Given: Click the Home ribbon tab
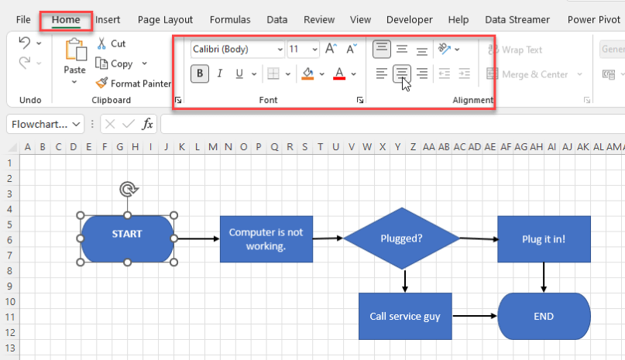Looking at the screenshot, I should click(66, 19).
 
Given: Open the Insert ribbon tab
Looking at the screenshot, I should click(108, 19).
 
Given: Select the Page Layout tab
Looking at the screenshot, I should click(166, 19).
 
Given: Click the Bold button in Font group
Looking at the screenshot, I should click(201, 74).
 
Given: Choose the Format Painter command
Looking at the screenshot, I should click(133, 84).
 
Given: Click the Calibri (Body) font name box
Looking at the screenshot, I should click(237, 50).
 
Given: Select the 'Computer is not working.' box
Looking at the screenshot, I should click(266, 238).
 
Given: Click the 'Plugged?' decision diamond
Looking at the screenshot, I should click(401, 238).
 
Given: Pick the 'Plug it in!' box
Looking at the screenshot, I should click(544, 238).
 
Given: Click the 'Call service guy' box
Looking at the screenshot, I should click(404, 316).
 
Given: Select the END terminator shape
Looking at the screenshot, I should click(544, 316).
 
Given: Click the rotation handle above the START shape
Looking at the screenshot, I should click(128, 189).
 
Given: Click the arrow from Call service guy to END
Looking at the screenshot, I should click(474, 316).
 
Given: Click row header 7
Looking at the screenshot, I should click(10, 255).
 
